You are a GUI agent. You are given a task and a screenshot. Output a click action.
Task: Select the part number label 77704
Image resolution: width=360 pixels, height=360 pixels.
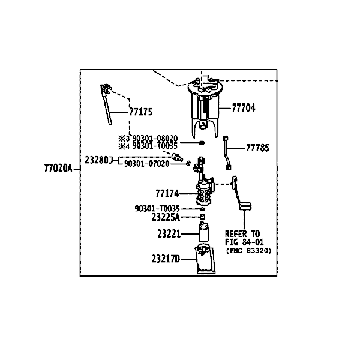[243, 109]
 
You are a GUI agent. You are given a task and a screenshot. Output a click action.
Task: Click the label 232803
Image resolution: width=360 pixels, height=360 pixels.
[98, 160]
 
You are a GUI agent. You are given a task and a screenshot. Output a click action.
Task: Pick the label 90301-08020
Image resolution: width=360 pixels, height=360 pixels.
[155, 138]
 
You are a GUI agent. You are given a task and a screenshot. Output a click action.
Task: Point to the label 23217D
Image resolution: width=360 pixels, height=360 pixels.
[166, 260]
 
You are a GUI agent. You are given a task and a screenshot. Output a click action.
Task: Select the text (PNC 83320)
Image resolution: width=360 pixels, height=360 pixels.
[248, 251]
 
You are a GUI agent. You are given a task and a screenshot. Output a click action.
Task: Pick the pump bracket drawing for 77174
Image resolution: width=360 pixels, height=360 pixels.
[204, 189]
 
